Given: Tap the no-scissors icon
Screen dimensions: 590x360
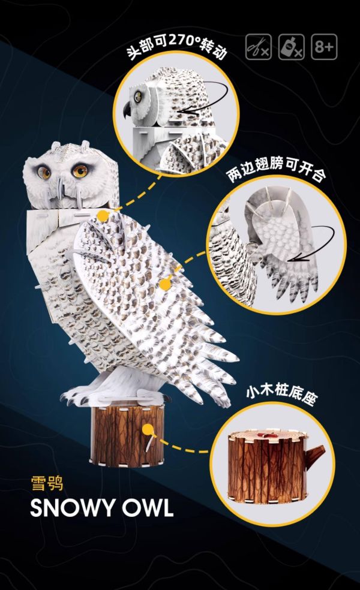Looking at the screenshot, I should coord(259,47).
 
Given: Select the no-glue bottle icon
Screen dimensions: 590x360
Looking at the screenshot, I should coord(291,47).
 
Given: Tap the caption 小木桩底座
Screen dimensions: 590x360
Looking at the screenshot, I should coord(280,393).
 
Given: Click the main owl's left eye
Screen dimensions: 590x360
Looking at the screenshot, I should coord(45,172).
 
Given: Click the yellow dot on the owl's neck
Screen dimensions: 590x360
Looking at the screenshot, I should coord(103,215).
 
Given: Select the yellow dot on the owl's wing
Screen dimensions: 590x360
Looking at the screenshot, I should coord(164,284).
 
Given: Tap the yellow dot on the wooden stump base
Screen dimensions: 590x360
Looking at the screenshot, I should coord(148,429).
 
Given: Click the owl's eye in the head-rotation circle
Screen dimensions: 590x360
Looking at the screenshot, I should coord(138,95).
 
